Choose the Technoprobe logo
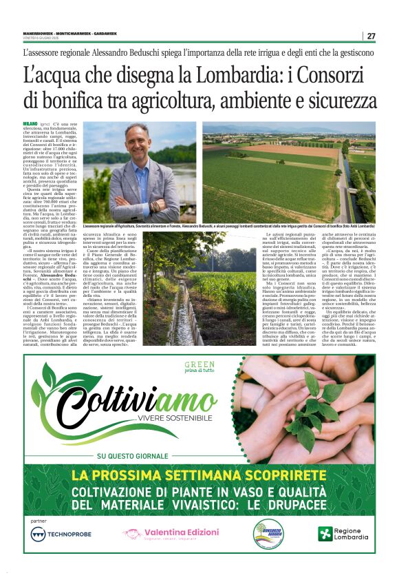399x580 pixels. click(x=62, y=535)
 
